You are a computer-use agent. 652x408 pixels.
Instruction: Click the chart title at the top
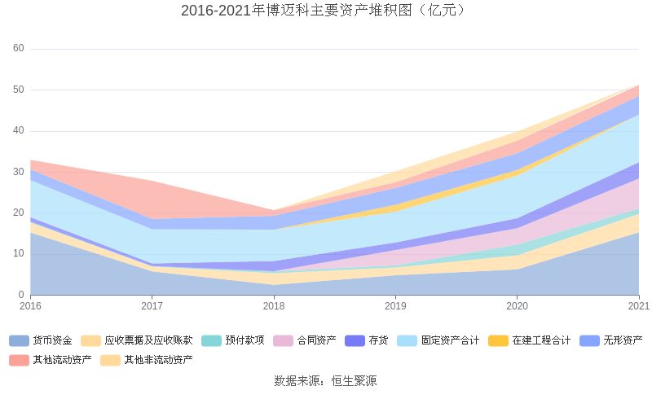tap(325, 11)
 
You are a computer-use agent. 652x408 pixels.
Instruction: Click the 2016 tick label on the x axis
tap(30, 306)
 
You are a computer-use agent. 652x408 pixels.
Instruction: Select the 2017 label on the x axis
tap(152, 306)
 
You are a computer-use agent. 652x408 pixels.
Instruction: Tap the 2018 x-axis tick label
tap(274, 306)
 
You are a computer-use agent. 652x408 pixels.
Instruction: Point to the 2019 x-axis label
tap(396, 306)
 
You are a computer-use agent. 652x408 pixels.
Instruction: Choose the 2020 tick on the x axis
tap(518, 306)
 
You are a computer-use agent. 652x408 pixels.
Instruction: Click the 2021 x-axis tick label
tap(639, 306)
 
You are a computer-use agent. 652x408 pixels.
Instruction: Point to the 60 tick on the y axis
tap(19, 49)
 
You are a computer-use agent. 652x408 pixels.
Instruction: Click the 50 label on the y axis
tap(19, 90)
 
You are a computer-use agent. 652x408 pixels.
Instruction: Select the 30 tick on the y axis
tap(19, 172)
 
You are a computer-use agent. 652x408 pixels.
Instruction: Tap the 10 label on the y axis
tap(19, 254)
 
